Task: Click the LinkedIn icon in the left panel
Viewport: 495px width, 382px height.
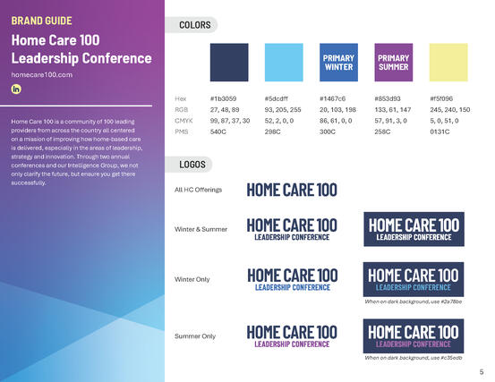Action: [16, 89]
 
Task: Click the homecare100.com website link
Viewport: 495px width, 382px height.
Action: [41, 74]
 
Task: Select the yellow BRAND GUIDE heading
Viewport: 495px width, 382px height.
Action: [42, 20]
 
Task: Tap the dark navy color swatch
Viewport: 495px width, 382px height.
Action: [229, 63]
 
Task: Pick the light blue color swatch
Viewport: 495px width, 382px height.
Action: [284, 63]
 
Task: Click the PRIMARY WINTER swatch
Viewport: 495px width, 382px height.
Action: [338, 63]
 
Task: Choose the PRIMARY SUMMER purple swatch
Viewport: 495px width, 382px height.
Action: [394, 63]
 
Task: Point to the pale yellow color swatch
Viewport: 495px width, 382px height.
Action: [448, 63]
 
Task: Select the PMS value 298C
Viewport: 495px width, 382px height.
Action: [274, 132]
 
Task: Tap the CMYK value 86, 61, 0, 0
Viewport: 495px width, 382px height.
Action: [338, 120]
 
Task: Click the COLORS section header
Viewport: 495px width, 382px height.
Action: [194, 25]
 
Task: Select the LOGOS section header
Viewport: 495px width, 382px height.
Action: [193, 165]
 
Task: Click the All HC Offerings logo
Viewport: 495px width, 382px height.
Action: [292, 190]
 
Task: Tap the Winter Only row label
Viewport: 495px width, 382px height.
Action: [192, 280]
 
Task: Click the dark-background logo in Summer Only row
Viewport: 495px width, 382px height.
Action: [414, 335]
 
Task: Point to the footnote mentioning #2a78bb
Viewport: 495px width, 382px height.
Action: [414, 301]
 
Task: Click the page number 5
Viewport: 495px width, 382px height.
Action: [482, 371]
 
